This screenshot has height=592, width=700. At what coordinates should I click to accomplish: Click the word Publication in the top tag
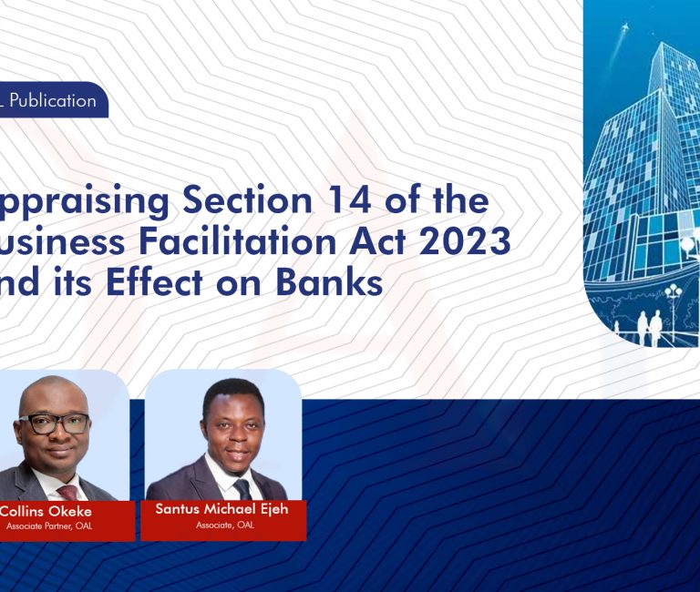[53, 101]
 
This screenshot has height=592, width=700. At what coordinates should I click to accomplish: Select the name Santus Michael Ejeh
[222, 509]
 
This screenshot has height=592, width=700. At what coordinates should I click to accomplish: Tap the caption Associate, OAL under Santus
[224, 526]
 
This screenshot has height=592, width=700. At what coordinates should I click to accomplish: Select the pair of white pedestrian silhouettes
[648, 325]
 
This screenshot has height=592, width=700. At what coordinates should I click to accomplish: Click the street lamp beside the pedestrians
[674, 301]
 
